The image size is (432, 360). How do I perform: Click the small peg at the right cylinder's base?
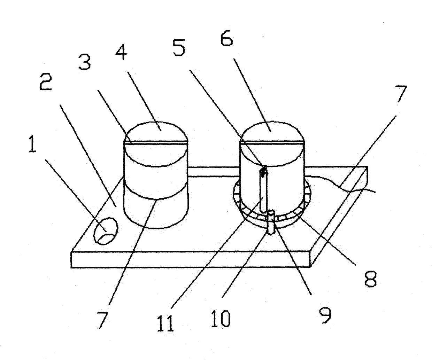pyautogui.click(x=271, y=221)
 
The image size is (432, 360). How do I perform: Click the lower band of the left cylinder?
pyautogui.click(x=156, y=212)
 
